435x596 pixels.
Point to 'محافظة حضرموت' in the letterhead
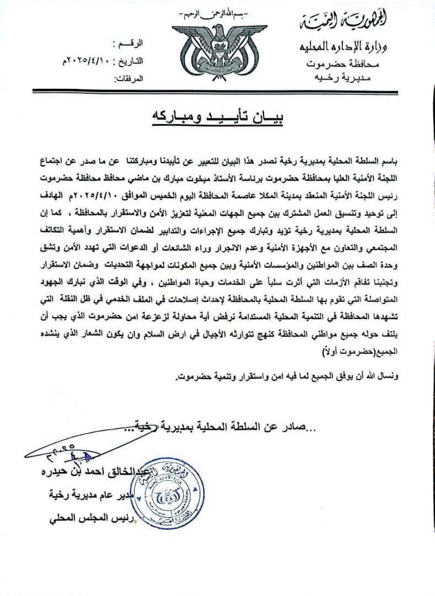tap(341, 65)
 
